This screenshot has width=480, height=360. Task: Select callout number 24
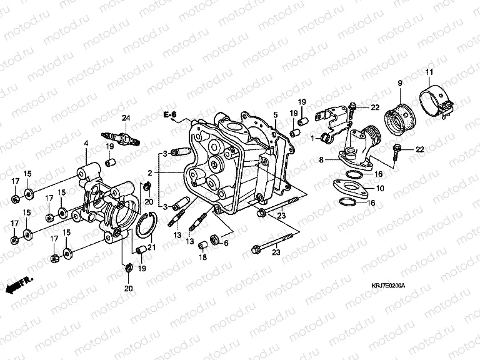tap(125, 118)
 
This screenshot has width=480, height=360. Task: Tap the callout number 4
tap(87, 144)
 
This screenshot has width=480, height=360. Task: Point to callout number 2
tap(150, 172)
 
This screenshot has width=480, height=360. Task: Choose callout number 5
tap(274, 115)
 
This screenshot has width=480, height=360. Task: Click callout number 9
tap(398, 83)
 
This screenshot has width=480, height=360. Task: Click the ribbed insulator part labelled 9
tap(398, 119)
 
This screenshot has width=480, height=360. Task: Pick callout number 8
tap(321, 161)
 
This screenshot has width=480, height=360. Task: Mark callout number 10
tap(381, 188)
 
